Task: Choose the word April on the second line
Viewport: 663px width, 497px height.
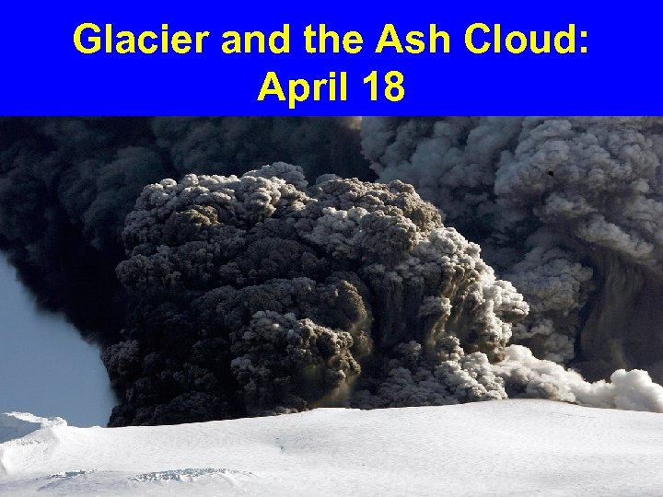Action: pyautogui.click(x=302, y=89)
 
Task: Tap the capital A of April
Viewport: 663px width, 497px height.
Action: pyautogui.click(x=273, y=87)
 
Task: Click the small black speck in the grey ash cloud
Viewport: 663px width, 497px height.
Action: pyautogui.click(x=550, y=172)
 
